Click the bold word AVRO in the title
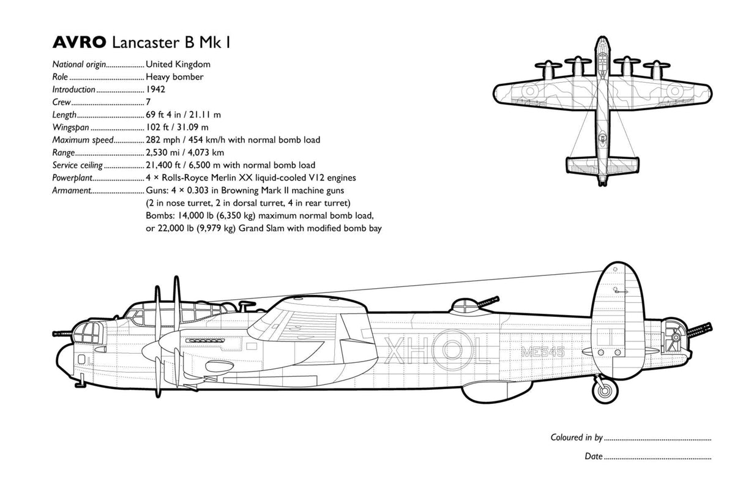(79, 43)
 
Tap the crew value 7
(148, 102)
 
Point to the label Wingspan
(70, 127)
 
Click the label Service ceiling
(78, 165)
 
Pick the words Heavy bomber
(174, 77)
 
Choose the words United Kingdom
(178, 64)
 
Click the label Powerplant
(72, 178)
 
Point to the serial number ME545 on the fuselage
(542, 352)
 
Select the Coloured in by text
(577, 437)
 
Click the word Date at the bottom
(593, 456)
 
